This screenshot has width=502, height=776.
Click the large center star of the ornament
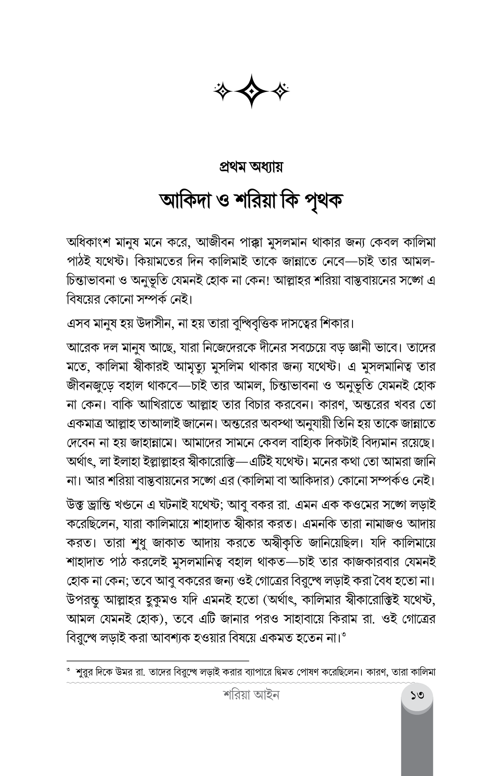(251, 91)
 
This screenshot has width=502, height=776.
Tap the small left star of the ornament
(223, 91)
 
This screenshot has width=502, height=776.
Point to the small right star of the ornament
(279, 91)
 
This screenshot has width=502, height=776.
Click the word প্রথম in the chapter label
(233, 167)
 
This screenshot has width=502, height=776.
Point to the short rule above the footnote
(158, 660)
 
